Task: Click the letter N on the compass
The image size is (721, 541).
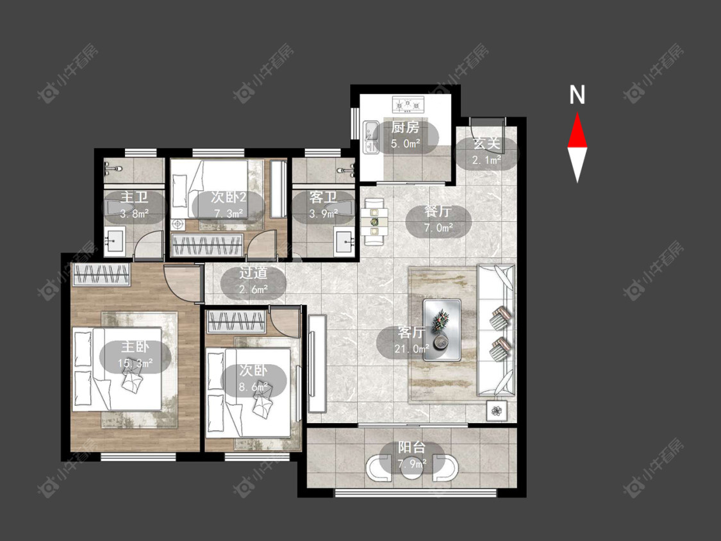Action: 577,95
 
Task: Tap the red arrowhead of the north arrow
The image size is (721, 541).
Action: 577,131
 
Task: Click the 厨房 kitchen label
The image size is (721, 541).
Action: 405,128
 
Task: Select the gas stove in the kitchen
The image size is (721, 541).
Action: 408,104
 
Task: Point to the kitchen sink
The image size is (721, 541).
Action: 370,137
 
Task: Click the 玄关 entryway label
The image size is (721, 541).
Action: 486,144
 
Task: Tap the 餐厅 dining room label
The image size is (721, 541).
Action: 438,212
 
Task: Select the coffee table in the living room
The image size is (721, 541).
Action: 442,329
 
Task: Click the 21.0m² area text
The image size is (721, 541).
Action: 412,349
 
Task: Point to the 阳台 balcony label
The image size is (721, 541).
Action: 411,447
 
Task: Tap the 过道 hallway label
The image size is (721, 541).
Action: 253,273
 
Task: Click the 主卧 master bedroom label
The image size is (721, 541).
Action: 135,347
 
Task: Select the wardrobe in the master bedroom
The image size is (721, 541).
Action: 101,274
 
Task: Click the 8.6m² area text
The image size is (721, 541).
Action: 253,387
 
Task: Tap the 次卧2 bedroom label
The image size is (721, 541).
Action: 229,197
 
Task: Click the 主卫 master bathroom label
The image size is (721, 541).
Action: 135,197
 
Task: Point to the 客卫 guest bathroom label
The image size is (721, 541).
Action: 323,197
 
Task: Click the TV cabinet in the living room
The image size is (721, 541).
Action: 317,363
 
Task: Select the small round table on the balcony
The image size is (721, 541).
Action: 412,467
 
